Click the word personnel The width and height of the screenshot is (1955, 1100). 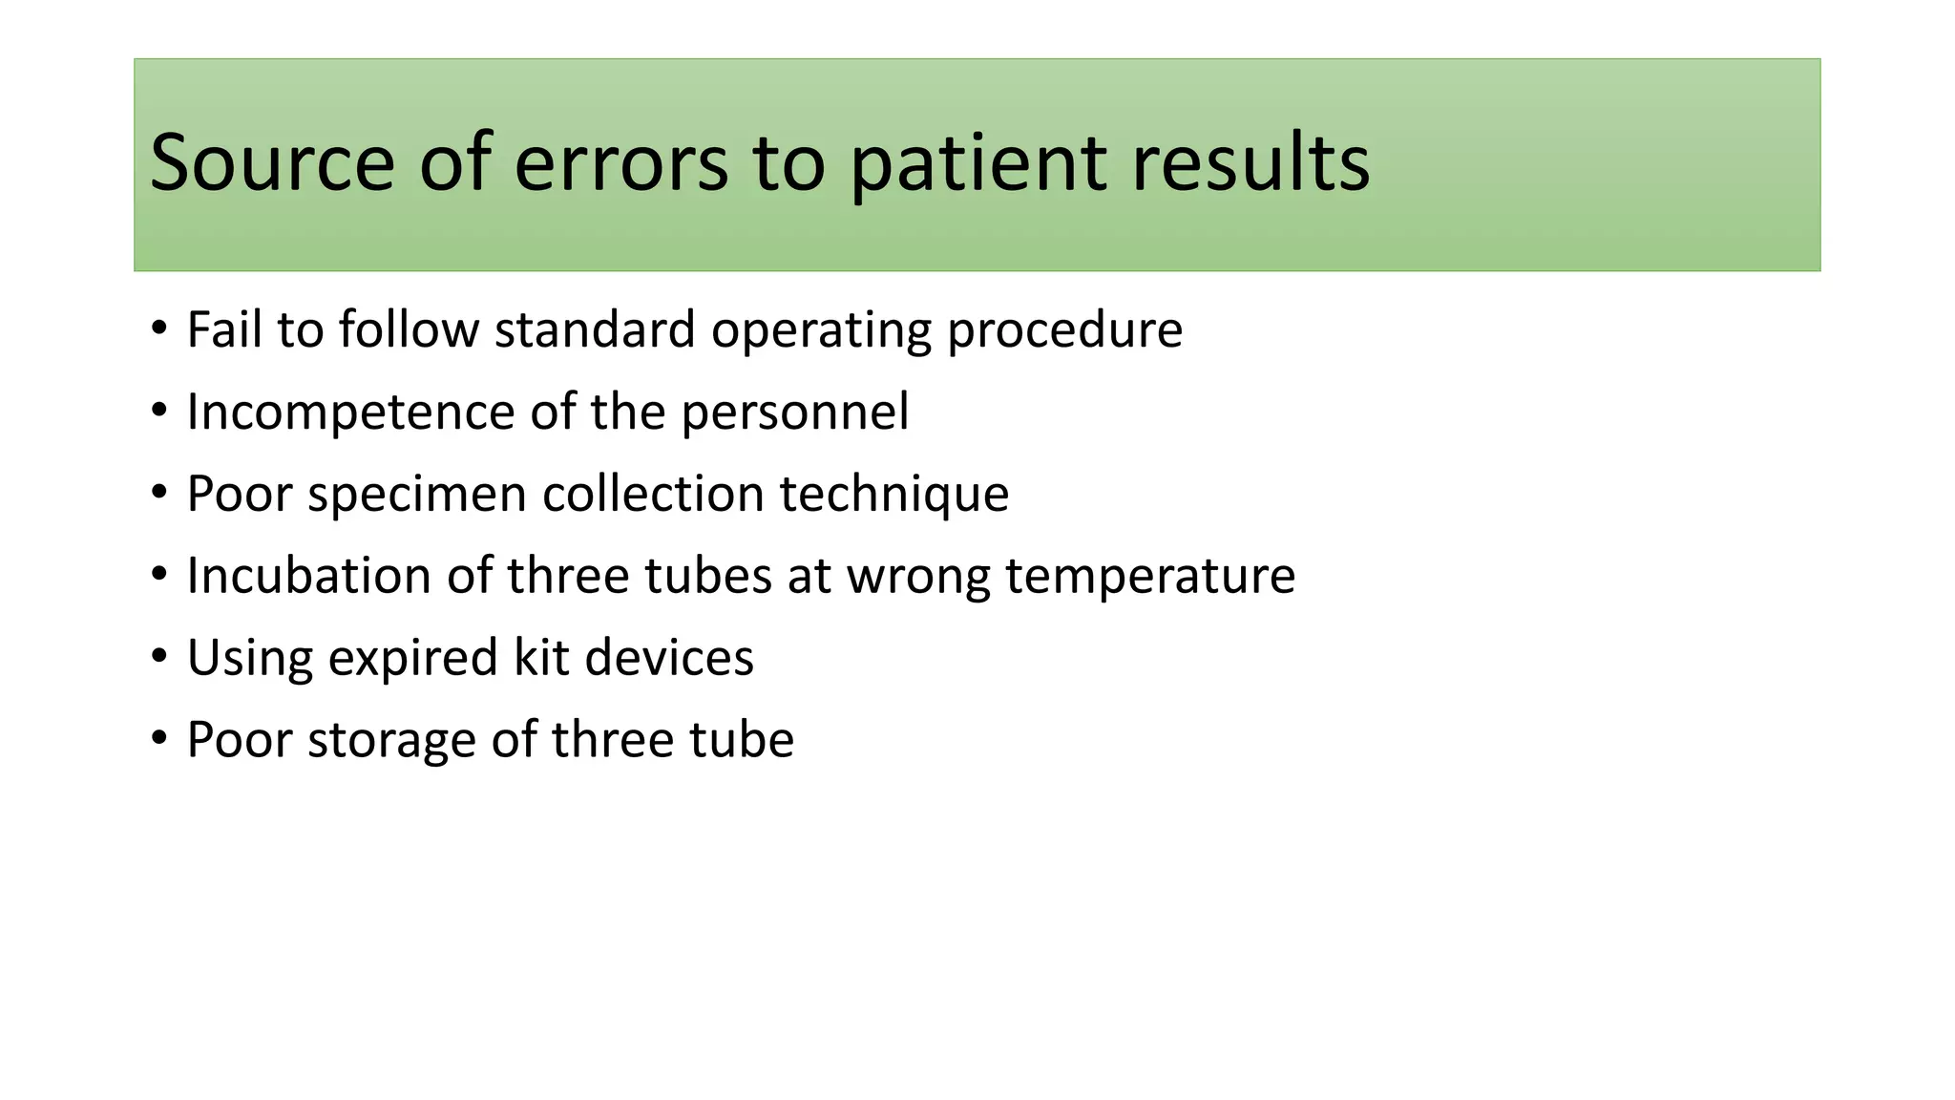[794, 412]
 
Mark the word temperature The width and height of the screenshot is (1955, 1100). [1150, 576]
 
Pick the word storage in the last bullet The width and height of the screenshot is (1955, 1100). [390, 740]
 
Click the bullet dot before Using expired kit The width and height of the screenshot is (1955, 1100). [159, 657]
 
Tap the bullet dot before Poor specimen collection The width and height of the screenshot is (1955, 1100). [159, 493]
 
